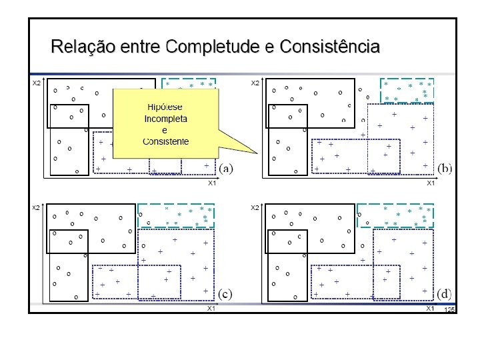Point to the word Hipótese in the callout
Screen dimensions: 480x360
click(x=165, y=107)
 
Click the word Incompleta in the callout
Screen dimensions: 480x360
click(x=165, y=119)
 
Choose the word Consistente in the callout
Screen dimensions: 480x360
click(x=165, y=141)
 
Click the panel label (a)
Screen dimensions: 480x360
click(x=225, y=168)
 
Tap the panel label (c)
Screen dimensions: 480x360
click(x=225, y=293)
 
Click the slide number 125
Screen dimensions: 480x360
click(x=449, y=311)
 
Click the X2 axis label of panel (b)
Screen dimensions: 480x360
click(x=255, y=83)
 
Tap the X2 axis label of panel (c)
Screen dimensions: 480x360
click(x=37, y=208)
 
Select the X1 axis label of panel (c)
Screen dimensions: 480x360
click(x=211, y=309)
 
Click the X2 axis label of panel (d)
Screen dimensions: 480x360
click(x=255, y=208)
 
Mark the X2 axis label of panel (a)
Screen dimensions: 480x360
click(x=37, y=83)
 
